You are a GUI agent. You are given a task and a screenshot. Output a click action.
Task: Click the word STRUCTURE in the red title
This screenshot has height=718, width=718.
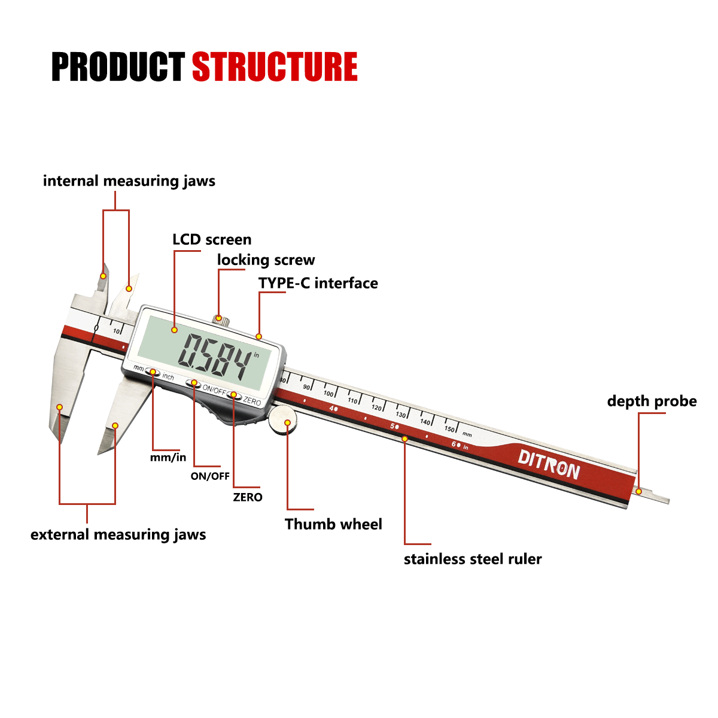pyautogui.click(x=275, y=66)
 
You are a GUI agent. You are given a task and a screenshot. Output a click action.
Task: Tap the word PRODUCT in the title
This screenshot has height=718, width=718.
pyautogui.click(x=118, y=66)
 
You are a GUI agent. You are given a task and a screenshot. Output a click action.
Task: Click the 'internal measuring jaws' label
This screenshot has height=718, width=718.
pyautogui.click(x=129, y=181)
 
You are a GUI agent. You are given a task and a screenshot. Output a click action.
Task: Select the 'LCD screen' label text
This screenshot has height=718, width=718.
pyautogui.click(x=212, y=239)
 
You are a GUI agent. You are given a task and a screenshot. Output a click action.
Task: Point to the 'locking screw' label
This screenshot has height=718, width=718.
pyautogui.click(x=266, y=260)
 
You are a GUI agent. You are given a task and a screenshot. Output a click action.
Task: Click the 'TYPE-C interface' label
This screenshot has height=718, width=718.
pyautogui.click(x=318, y=283)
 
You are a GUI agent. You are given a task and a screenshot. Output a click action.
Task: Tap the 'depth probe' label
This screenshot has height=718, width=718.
pyautogui.click(x=652, y=401)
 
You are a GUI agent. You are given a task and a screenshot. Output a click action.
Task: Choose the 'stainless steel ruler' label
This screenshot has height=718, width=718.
pyautogui.click(x=473, y=559)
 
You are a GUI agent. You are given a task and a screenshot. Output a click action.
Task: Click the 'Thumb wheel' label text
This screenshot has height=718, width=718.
pyautogui.click(x=333, y=524)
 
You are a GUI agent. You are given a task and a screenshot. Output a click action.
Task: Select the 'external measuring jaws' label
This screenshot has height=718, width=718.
pyautogui.click(x=118, y=534)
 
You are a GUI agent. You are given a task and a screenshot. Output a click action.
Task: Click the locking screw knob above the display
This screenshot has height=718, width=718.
pyautogui.click(x=221, y=319)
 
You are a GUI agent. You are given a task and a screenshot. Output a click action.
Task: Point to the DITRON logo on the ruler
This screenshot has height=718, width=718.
pyautogui.click(x=549, y=464)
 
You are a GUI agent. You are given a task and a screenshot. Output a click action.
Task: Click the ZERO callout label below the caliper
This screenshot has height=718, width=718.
pyautogui.click(x=248, y=497)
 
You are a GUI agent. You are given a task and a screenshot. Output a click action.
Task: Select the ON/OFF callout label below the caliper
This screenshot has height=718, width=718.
pyautogui.click(x=210, y=476)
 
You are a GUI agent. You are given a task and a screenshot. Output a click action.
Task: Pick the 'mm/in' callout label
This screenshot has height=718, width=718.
pyautogui.click(x=168, y=458)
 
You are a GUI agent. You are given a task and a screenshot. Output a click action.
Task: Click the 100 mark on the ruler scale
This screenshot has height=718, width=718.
pyautogui.click(x=328, y=393)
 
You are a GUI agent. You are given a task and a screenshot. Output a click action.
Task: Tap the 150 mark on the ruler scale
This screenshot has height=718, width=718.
pyautogui.click(x=450, y=428)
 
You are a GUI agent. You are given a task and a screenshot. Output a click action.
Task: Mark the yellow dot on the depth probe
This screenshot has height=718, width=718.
pyautogui.click(x=640, y=491)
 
